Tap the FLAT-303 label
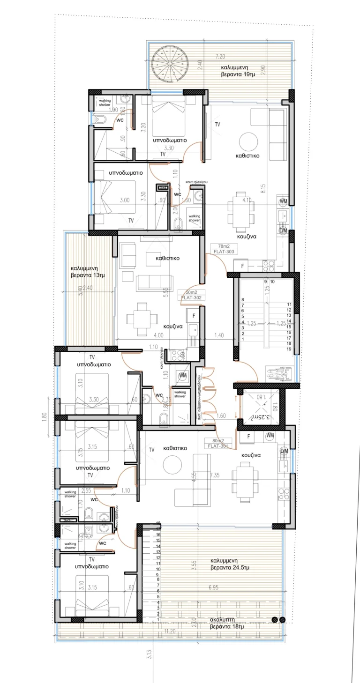(x=223, y=252)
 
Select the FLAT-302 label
(x=193, y=297)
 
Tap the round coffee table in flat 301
(x=172, y=465)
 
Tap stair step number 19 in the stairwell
(x=289, y=349)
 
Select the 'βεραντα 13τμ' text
(x=88, y=275)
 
